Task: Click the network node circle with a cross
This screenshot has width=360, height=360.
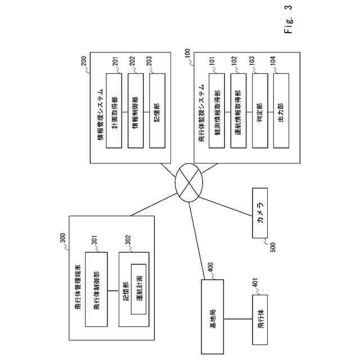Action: pyautogui.click(x=189, y=182)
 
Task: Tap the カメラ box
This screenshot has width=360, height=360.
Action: pyautogui.click(x=260, y=213)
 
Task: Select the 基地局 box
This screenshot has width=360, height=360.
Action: pyautogui.click(x=213, y=316)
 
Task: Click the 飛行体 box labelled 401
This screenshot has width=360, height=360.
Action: pyautogui.click(x=260, y=319)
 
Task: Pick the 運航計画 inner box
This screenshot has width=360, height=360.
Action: pyautogui.click(x=139, y=289)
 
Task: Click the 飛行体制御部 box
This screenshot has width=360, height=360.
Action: pyautogui.click(x=96, y=289)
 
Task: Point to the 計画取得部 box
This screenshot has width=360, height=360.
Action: pyautogui.click(x=114, y=111)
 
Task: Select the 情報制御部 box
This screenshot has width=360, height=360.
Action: pyautogui.click(x=136, y=111)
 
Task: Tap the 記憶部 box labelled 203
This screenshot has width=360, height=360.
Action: pyautogui.click(x=157, y=111)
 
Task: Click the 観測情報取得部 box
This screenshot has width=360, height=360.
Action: pyautogui.click(x=217, y=111)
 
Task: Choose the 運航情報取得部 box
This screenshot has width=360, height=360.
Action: pyautogui.click(x=238, y=111)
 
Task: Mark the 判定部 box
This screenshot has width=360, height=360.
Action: pyautogui.click(x=260, y=111)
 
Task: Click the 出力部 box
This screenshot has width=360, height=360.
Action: pyautogui.click(x=281, y=111)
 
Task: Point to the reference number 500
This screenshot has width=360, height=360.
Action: pyautogui.click(x=273, y=247)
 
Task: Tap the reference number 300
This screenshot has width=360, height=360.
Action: pyautogui.click(x=62, y=238)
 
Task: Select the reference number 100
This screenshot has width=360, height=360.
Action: pyautogui.click(x=187, y=54)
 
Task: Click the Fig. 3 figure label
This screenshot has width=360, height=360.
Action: pyautogui.click(x=289, y=19)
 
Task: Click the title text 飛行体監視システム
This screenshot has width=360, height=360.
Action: pyautogui.click(x=201, y=112)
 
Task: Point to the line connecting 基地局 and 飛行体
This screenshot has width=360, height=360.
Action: pyautogui.click(x=238, y=319)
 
